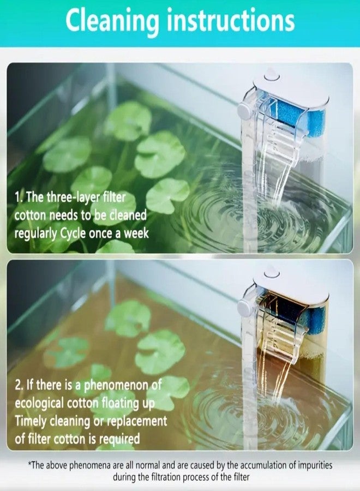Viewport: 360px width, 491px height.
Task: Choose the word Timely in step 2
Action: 32,422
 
